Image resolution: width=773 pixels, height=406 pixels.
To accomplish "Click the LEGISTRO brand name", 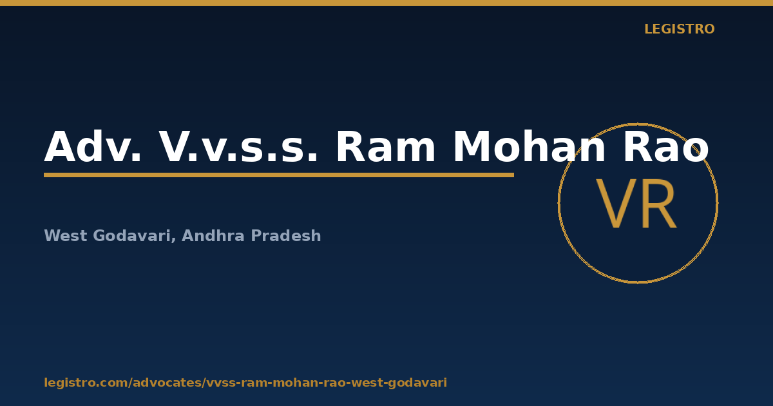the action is pyautogui.click(x=680, y=29).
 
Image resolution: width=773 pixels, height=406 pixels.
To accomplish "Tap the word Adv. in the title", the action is pyautogui.click(x=93, y=146).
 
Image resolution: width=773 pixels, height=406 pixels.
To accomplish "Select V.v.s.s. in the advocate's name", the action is pyautogui.click(x=238, y=146).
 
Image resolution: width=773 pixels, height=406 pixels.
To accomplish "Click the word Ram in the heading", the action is pyautogui.click(x=385, y=146).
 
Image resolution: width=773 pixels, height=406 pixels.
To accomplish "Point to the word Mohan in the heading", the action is pyautogui.click(x=529, y=146).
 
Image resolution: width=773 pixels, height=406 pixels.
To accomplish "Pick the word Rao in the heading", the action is pyautogui.click(x=666, y=146).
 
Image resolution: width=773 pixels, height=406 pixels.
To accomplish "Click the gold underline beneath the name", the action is pyautogui.click(x=279, y=175).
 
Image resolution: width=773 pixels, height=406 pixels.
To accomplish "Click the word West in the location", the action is pyautogui.click(x=66, y=236).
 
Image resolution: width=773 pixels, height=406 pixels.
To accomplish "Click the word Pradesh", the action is pyautogui.click(x=286, y=235).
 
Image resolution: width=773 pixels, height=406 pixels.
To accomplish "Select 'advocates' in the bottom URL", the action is pyautogui.click(x=167, y=383).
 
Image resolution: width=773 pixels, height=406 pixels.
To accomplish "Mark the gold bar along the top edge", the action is pyautogui.click(x=386, y=3).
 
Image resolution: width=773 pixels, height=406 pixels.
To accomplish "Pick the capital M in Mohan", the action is pyautogui.click(x=472, y=146).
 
